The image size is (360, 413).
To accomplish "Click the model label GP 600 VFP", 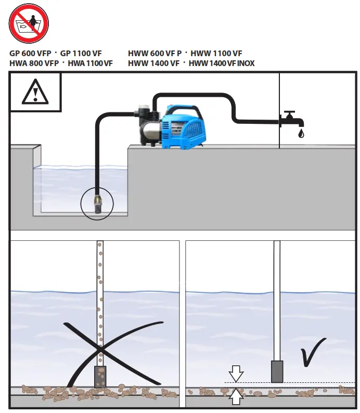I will coord(30,54).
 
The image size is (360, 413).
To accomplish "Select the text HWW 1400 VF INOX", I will coord(222,63).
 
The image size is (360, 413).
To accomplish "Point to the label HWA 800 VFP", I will coord(33,63).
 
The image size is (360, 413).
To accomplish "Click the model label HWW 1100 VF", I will coord(216,54).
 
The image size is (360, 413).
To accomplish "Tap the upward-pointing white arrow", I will coord(236,396).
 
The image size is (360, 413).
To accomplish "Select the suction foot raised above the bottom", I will coord(277,372).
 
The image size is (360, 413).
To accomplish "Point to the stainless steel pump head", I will coord(149,128).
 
